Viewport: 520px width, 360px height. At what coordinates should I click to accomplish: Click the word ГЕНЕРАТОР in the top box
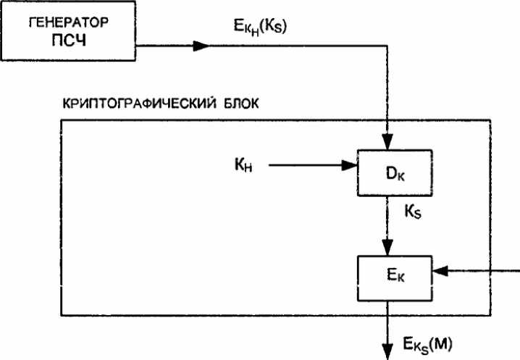pos(69,22)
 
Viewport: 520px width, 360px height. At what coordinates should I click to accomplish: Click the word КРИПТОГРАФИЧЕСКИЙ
pos(131,104)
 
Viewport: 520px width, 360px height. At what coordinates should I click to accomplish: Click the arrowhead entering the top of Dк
pos(389,145)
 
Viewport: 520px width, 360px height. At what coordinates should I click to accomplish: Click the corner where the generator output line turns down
pos(389,46)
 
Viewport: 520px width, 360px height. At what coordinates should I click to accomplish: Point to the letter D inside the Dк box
pos(384,173)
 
